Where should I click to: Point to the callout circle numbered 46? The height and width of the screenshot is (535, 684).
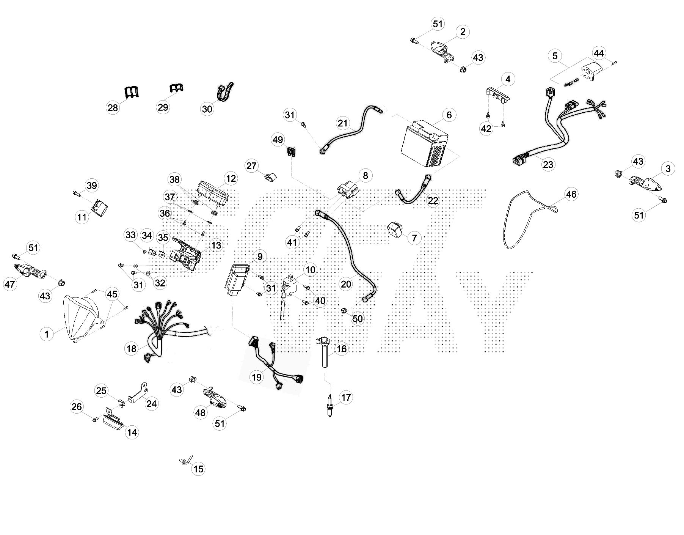(571, 194)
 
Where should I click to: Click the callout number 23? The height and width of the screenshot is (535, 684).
(548, 164)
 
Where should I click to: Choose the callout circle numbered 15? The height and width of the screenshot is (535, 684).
(198, 469)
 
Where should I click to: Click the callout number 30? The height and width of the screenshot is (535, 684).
(207, 109)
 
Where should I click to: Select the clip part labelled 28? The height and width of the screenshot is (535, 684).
(131, 93)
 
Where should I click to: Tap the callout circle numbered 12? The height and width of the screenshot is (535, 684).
(231, 178)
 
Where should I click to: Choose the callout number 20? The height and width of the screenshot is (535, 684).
(346, 284)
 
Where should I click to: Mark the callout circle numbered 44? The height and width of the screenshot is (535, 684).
(599, 53)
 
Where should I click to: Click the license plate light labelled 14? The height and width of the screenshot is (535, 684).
(114, 420)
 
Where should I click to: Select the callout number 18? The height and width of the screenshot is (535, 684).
(131, 348)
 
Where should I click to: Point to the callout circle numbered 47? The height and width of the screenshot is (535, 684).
(10, 284)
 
